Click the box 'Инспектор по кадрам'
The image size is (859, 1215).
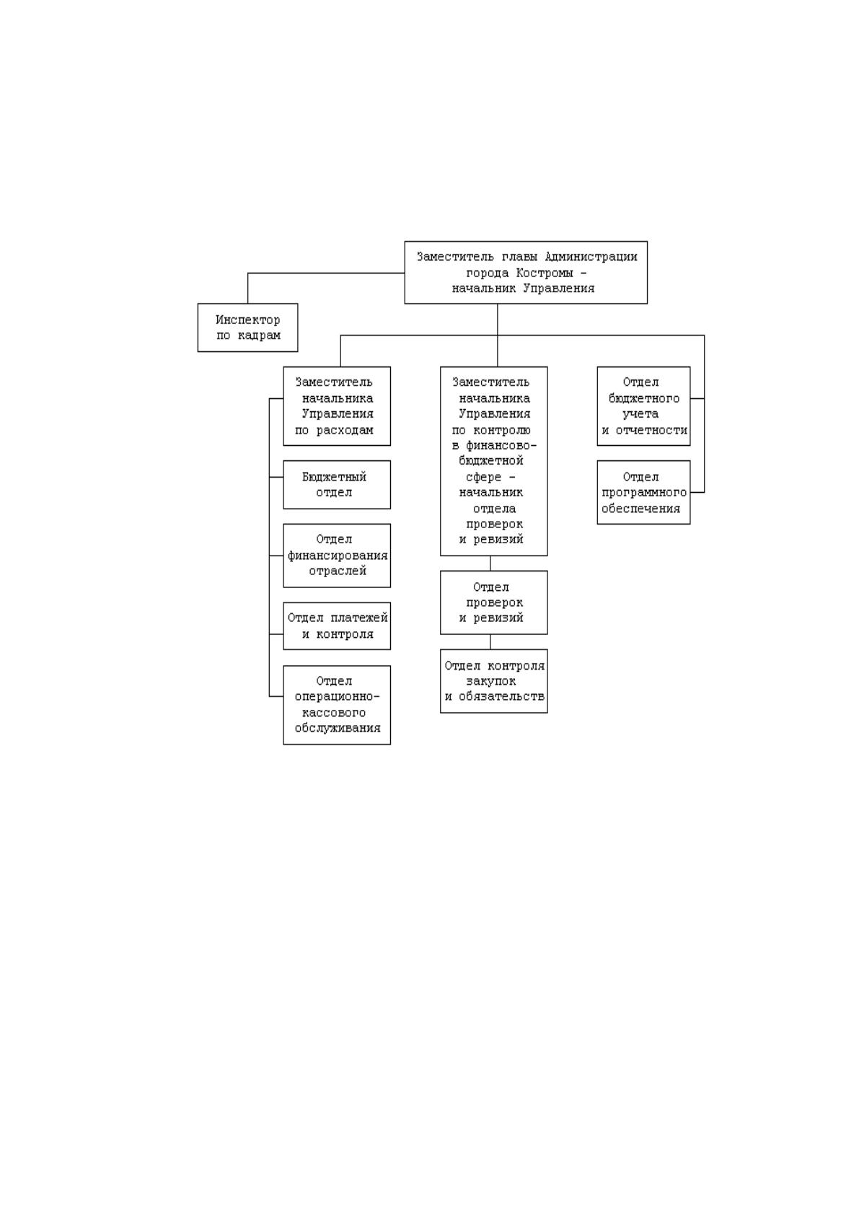(247, 327)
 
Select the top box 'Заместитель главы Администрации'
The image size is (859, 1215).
(526, 272)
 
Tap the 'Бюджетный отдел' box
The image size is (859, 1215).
(337, 484)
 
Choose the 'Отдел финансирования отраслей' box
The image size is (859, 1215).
(337, 555)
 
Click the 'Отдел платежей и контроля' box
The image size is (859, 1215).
(337, 626)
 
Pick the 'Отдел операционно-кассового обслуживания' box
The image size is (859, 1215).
(337, 705)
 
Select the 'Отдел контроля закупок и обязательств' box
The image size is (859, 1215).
(493, 680)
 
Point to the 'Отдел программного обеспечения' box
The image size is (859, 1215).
(643, 492)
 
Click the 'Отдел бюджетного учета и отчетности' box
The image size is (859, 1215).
(643, 405)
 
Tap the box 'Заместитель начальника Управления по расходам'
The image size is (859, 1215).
(337, 405)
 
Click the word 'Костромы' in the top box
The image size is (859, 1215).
(544, 273)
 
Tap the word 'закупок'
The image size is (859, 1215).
(490, 681)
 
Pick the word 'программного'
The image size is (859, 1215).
(643, 493)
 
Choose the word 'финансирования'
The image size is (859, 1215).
(338, 556)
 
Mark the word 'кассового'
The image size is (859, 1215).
(333, 713)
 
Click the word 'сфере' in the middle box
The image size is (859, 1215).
(483, 478)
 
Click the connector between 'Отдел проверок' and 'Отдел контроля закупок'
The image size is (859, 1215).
(490, 641)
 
